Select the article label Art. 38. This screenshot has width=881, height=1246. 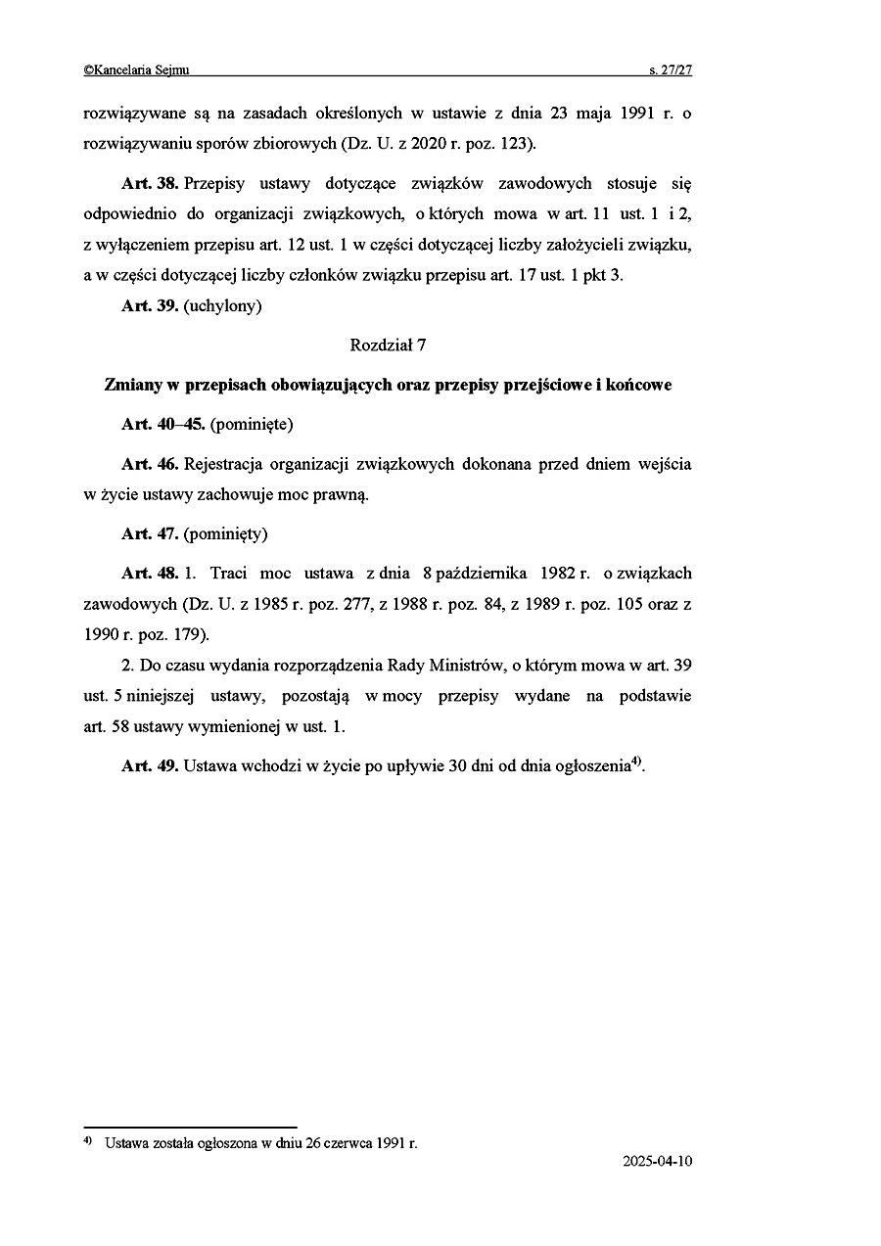point(150,184)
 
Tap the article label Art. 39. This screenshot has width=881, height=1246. point(150,305)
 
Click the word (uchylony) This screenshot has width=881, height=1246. point(222,305)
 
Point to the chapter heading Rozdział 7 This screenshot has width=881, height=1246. point(388,345)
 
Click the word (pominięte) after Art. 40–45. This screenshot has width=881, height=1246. point(252,425)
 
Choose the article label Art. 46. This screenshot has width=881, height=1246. point(150,464)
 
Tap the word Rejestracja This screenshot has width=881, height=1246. point(228,464)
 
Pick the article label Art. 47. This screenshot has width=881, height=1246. point(150,534)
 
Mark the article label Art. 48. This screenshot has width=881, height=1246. point(150,573)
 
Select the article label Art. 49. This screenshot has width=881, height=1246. point(150,765)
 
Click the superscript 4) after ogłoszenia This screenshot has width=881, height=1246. point(635,761)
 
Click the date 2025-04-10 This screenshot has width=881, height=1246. point(657,1162)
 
